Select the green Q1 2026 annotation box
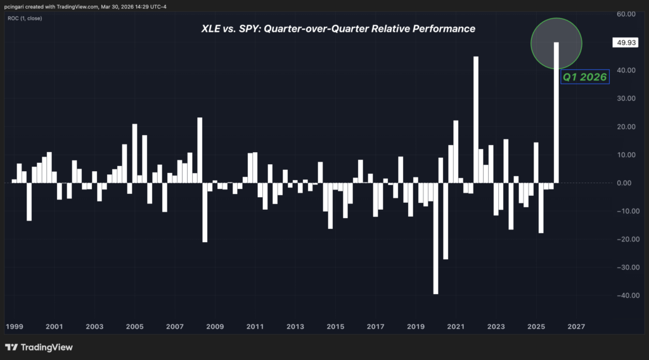click(x=584, y=77)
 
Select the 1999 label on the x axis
click(x=15, y=327)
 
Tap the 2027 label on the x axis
click(x=576, y=327)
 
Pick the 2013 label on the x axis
click(x=295, y=327)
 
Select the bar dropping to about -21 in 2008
click(x=205, y=212)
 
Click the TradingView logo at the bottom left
click(x=39, y=347)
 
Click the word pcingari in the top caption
click(x=16, y=6)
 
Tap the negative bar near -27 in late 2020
click(x=446, y=221)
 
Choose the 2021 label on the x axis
click(x=456, y=327)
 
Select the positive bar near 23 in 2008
click(x=200, y=150)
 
